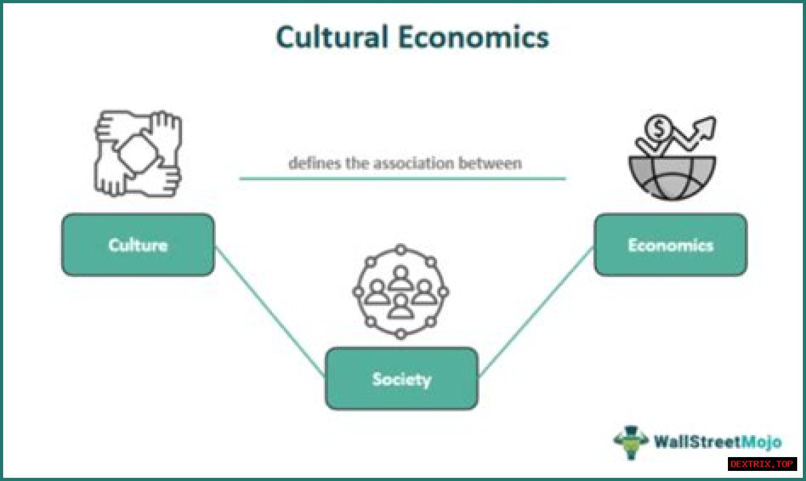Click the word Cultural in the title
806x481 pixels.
[x=331, y=38]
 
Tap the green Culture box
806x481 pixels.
[x=138, y=244]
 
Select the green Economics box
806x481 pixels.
[x=671, y=244]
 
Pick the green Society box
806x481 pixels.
[x=402, y=378]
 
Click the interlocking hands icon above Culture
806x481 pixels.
[x=139, y=153]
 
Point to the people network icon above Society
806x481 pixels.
[x=400, y=291]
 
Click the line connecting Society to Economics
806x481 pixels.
[x=536, y=311]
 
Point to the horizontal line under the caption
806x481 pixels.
[x=402, y=179]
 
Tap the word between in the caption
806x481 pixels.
[x=494, y=163]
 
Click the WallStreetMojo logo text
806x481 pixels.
[x=718, y=442]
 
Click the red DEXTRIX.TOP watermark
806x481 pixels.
[x=762, y=464]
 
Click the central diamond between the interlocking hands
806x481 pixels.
[x=138, y=154]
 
